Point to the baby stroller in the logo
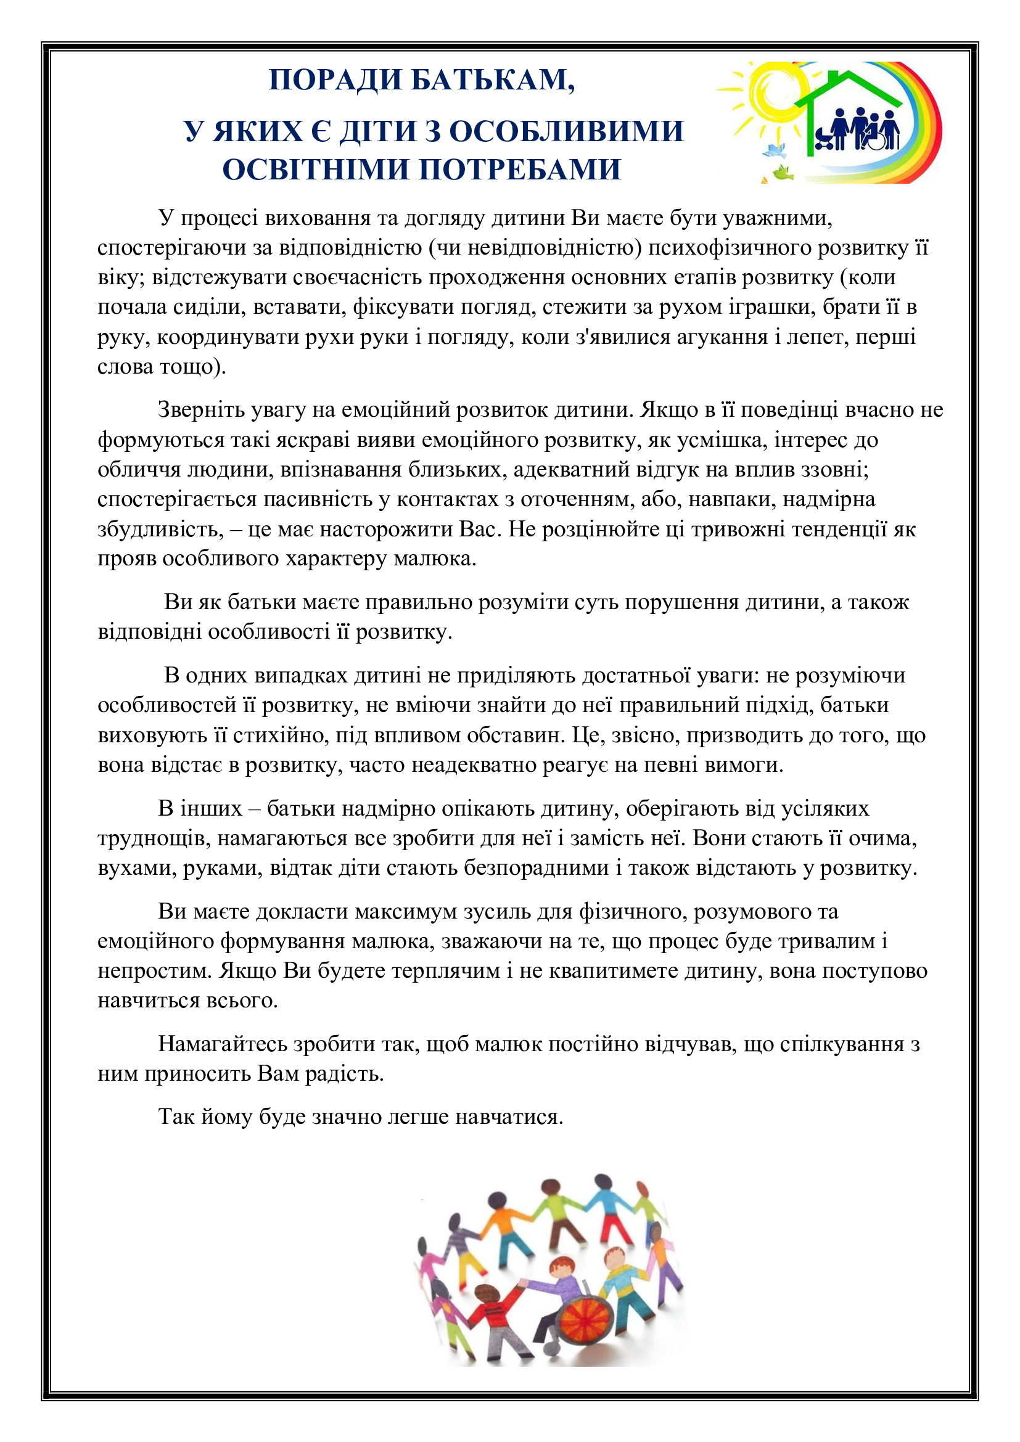tap(825, 139)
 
